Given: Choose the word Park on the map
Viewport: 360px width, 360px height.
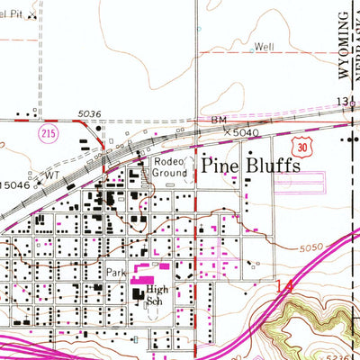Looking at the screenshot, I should (x=114, y=272).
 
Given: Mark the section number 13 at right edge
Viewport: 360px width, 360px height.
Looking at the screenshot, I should (x=346, y=103).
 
